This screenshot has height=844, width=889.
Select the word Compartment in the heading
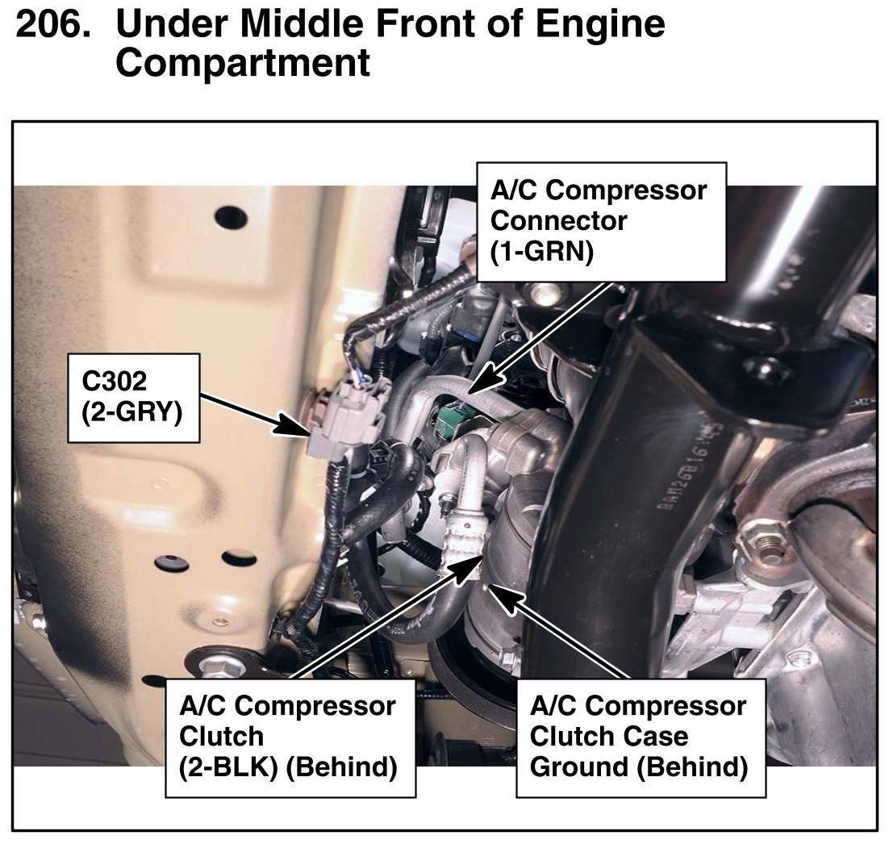pos(243,61)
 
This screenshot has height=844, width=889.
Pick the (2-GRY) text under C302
pos(131,412)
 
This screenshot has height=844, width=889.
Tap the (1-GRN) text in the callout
pos(542,252)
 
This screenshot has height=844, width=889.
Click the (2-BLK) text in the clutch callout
pos(228,767)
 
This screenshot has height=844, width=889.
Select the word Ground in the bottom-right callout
pos(578,767)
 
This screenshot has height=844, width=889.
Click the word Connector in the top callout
pos(559,221)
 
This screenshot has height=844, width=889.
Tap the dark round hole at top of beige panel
pos(230,217)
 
